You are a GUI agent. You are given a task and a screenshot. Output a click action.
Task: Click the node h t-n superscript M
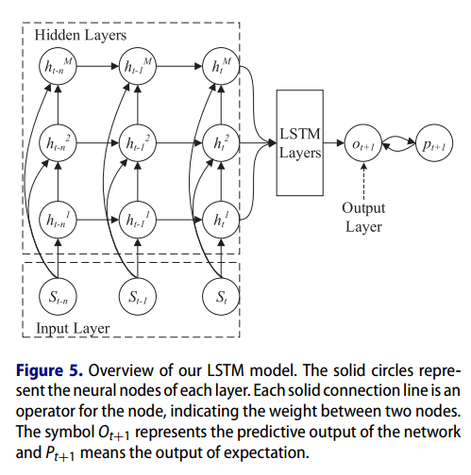point(59,67)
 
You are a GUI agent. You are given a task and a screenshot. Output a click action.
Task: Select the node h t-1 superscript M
point(138,67)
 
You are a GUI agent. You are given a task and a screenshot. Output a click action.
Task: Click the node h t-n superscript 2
point(59,144)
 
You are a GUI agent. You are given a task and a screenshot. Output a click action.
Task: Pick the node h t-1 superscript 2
point(138,144)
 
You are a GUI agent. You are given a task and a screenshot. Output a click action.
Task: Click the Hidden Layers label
point(80,35)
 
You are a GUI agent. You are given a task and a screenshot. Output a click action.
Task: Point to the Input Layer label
point(72,328)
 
